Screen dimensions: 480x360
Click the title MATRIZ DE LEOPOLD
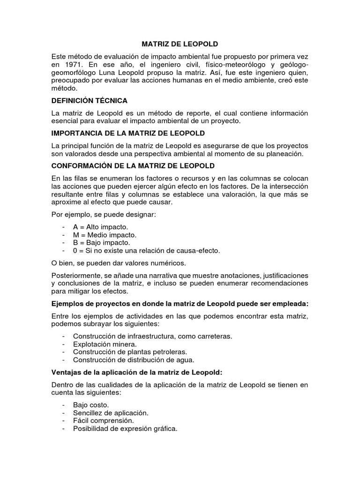point(180,44)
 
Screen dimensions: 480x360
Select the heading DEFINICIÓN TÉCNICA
point(89,101)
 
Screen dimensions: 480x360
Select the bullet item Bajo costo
point(91,405)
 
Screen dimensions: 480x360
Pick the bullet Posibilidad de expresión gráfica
point(125,429)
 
